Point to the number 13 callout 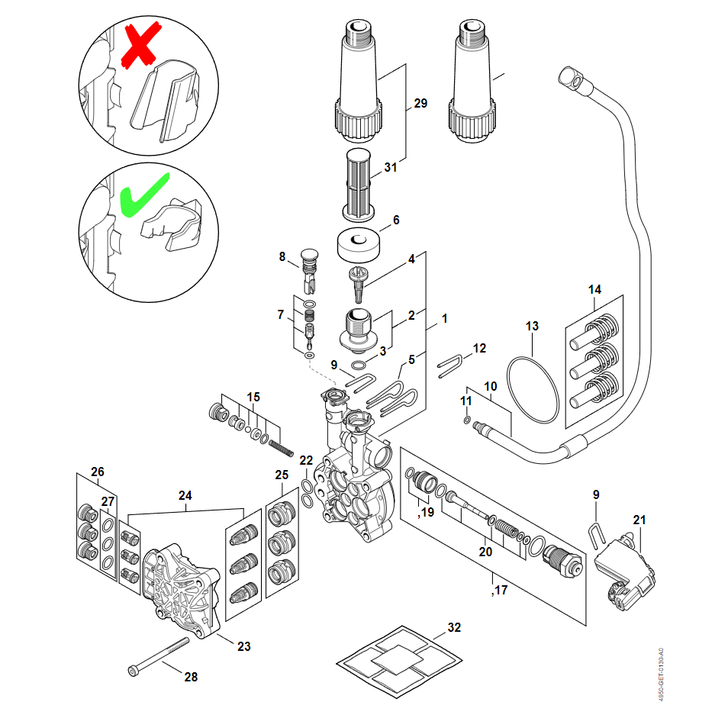pos(532,326)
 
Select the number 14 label pos(594,289)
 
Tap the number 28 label pos(191,677)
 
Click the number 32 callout pos(454,628)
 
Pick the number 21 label pos(639,520)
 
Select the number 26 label pos(97,472)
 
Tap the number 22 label pos(306,460)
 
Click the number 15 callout pos(253,397)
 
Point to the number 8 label pos(282,257)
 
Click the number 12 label pos(478,348)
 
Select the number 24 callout pos(185,494)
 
